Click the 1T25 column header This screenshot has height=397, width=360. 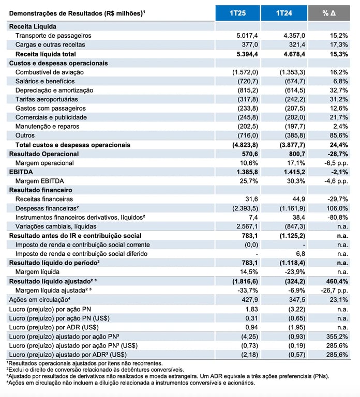point(237,13)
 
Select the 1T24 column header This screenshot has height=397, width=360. point(284,13)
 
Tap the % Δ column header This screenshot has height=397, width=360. point(329,13)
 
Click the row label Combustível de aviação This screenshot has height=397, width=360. point(50,72)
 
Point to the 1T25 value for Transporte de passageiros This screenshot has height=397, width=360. point(247,36)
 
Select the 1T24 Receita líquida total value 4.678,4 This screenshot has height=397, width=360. point(294,54)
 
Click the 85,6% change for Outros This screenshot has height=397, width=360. point(339,135)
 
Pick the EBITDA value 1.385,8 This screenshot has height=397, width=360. point(247,172)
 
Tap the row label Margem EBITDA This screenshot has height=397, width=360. point(39,181)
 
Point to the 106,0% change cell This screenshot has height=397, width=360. point(337,208)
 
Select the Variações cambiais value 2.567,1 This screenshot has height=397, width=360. point(247,226)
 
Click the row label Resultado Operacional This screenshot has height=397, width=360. point(44,154)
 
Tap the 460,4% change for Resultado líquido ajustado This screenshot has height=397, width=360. point(337,281)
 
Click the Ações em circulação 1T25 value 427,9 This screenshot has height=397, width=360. point(249,300)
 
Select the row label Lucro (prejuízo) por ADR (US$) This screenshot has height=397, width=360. point(54,327)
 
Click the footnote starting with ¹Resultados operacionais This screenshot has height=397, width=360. point(85,363)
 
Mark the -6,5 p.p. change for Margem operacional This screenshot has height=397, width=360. point(336,163)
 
